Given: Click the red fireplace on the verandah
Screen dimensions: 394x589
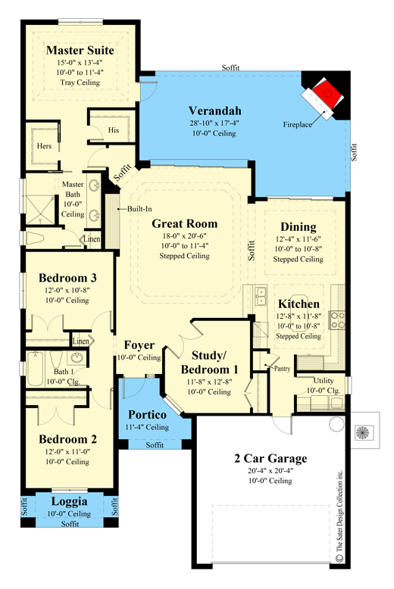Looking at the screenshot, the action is pyautogui.click(x=327, y=94).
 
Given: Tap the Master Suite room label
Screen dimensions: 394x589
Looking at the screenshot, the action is pyautogui.click(x=80, y=50).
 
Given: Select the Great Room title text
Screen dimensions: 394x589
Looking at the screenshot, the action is pyautogui.click(x=185, y=223).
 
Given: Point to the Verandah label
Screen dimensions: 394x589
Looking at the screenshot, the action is pyautogui.click(x=214, y=111).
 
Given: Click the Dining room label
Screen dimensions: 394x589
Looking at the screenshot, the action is pyautogui.click(x=299, y=227).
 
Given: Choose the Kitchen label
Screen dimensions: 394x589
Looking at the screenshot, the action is pyautogui.click(x=299, y=304).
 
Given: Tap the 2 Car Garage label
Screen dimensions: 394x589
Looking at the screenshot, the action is pyautogui.click(x=270, y=458).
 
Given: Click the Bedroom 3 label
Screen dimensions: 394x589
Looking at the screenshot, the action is pyautogui.click(x=67, y=278).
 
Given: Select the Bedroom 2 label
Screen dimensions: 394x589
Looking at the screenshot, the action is pyautogui.click(x=67, y=439).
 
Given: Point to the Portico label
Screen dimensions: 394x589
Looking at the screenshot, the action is pyautogui.click(x=148, y=415).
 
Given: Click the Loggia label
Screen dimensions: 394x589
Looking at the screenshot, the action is pyautogui.click(x=70, y=501).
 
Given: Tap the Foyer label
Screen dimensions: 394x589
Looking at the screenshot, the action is pyautogui.click(x=139, y=345).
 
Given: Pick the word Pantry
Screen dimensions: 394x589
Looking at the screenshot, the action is pyautogui.click(x=283, y=369).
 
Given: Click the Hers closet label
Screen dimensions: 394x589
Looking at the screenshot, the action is pyautogui.click(x=44, y=146).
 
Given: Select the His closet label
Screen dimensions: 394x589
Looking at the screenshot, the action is pyautogui.click(x=114, y=130).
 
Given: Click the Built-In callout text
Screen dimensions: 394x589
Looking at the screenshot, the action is pyautogui.click(x=139, y=209).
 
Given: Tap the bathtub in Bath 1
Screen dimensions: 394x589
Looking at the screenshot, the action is pyautogui.click(x=36, y=369).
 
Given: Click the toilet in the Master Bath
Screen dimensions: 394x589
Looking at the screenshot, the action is pyautogui.click(x=36, y=238).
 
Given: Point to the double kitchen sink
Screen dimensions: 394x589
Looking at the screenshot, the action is pyautogui.click(x=260, y=296).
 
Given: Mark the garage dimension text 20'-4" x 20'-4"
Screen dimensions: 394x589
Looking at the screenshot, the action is pyautogui.click(x=270, y=471).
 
